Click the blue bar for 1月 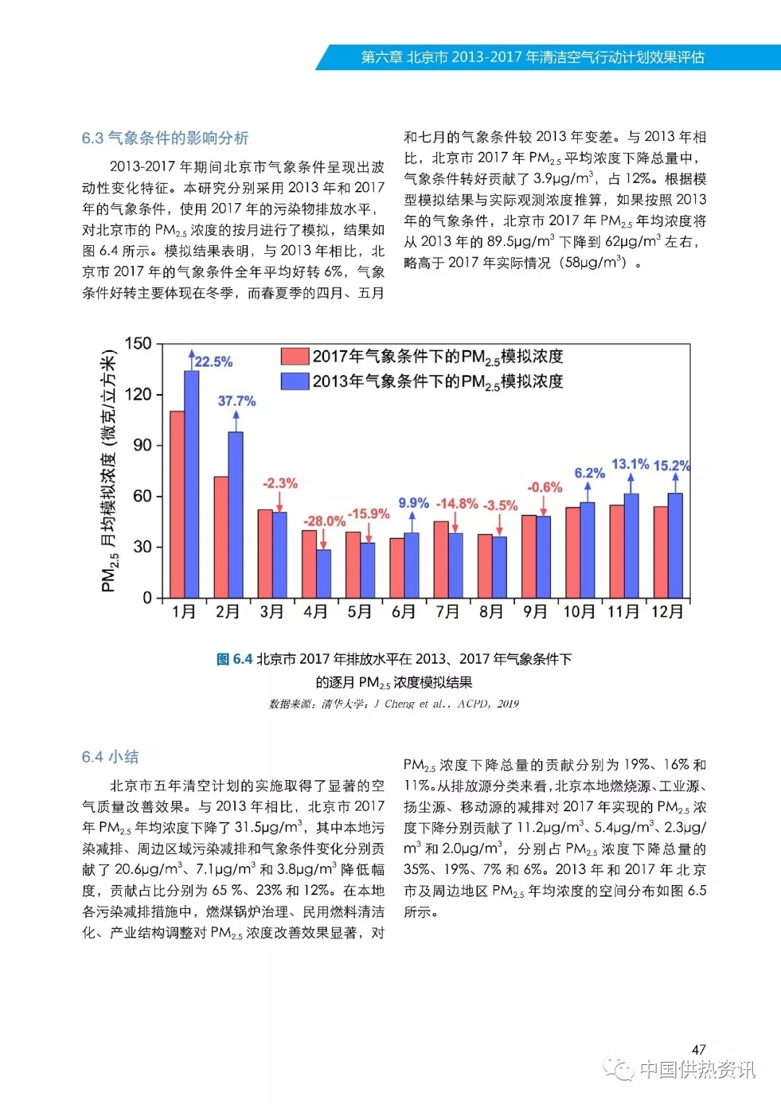[192, 484]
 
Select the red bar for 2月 [221, 536]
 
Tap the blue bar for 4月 [323, 573]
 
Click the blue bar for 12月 [675, 545]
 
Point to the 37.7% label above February [236, 401]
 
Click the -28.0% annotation [324, 521]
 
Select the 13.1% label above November [630, 464]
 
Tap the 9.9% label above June [413, 503]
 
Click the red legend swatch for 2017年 [295, 356]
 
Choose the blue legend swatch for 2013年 [295, 381]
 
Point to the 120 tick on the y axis [138, 395]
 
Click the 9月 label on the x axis [534, 612]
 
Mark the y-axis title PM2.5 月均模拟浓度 [108, 470]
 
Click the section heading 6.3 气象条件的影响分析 [165, 138]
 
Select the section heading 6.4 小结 [110, 757]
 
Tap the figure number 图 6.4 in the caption [234, 659]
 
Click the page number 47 [699, 1049]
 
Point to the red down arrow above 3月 [279, 501]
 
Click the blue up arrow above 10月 [588, 492]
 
